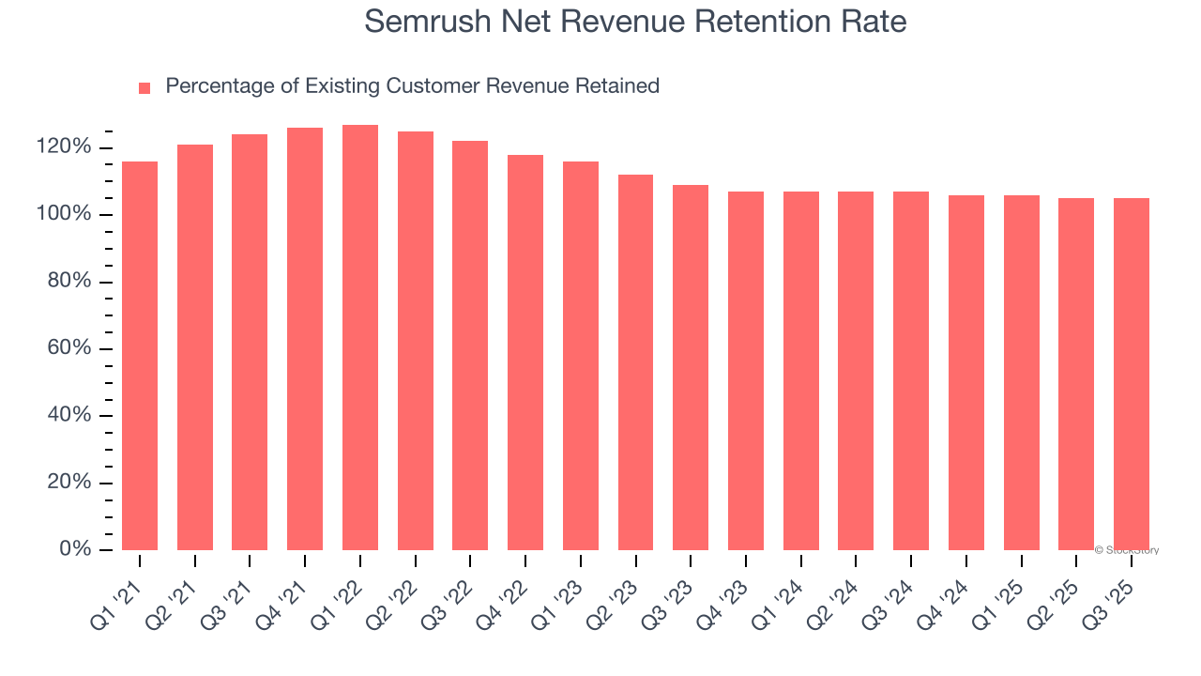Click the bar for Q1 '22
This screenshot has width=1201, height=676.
360,338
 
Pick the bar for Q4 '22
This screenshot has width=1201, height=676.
525,352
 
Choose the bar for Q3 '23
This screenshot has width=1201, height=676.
691,367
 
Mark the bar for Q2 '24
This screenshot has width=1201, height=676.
856,371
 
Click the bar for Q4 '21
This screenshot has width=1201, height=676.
305,339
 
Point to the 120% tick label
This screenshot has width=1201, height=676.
64,147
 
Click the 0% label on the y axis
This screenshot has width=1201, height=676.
75,549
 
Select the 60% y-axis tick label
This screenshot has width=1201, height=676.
69,348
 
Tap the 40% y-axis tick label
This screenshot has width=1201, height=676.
69,415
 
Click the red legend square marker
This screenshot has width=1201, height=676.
144,88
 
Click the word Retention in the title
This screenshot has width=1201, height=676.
733,22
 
